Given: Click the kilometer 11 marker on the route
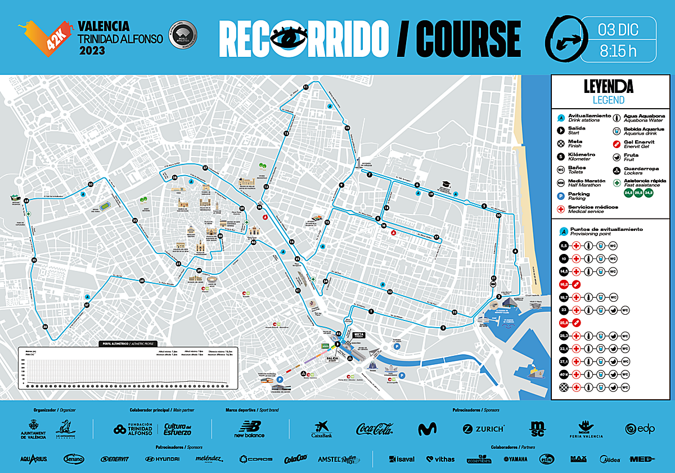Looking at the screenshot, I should coord(306,87).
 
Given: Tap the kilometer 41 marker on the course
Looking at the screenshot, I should coord(298,291).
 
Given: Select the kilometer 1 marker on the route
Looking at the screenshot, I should coord(371,311).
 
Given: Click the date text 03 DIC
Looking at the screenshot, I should coord(618,28).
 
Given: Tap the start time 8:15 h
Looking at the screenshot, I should coord(618,51).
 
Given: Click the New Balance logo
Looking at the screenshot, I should coord(250,429).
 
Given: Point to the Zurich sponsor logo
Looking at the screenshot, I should coord(483,429).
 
